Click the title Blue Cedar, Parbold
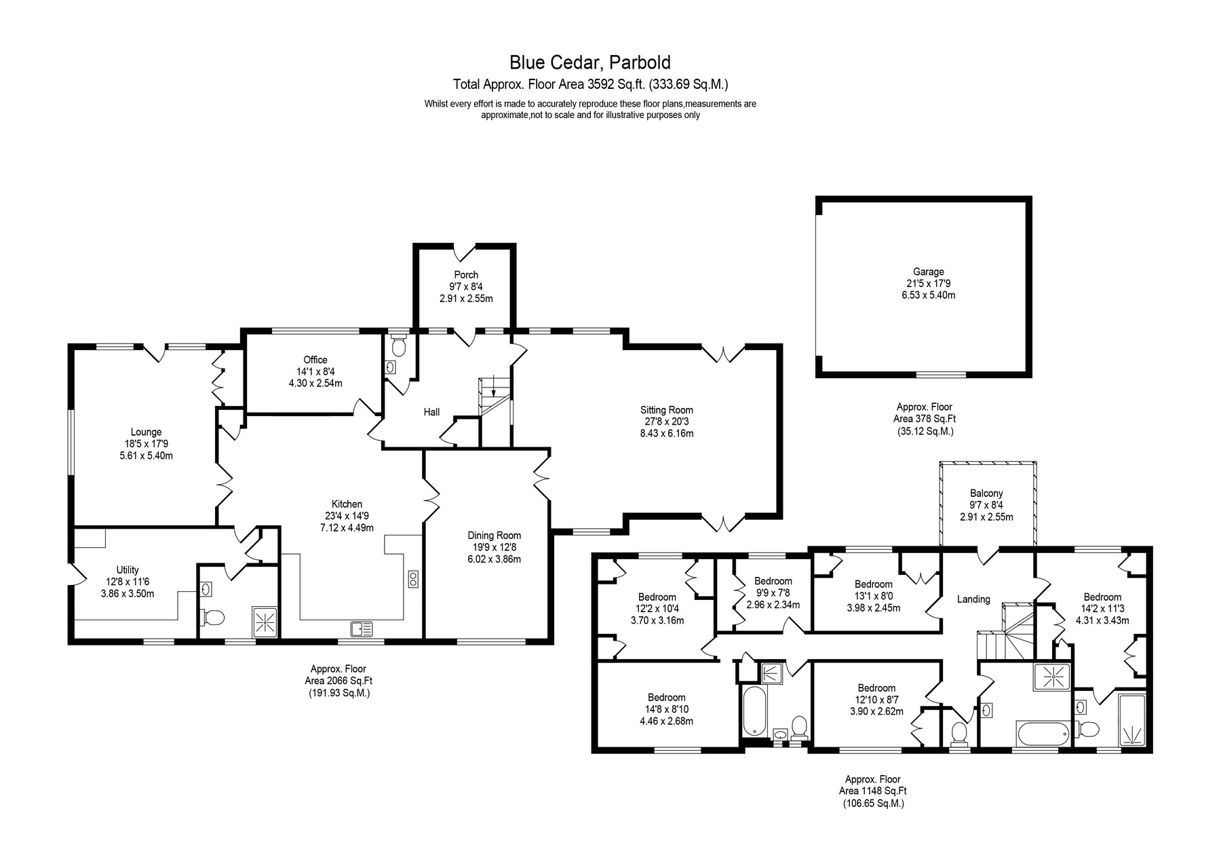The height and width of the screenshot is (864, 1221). click(x=590, y=62)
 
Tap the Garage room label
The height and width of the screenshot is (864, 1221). click(x=928, y=272)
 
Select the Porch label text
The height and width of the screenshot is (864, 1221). click(x=466, y=275)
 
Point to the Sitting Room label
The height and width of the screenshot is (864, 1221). click(x=667, y=410)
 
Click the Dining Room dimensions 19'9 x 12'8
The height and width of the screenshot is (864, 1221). click(x=495, y=548)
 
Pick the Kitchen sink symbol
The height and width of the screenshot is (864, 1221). click(x=362, y=629)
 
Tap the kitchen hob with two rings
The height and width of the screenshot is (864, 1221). click(x=412, y=578)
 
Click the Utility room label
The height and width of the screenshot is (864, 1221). click(x=128, y=570)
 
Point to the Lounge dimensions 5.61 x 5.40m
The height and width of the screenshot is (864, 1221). click(x=146, y=455)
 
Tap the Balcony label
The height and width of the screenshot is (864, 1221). click(x=986, y=493)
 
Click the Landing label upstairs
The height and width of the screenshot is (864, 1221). click(x=973, y=599)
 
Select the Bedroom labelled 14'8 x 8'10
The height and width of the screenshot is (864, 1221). click(x=666, y=697)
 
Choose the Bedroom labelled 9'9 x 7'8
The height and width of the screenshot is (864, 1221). click(x=773, y=581)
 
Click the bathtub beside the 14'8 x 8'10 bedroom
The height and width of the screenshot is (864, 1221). click(x=753, y=711)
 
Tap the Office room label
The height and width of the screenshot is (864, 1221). click(x=315, y=360)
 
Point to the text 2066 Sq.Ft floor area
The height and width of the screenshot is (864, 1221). click(x=338, y=681)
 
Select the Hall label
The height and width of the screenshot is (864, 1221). click(x=431, y=412)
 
